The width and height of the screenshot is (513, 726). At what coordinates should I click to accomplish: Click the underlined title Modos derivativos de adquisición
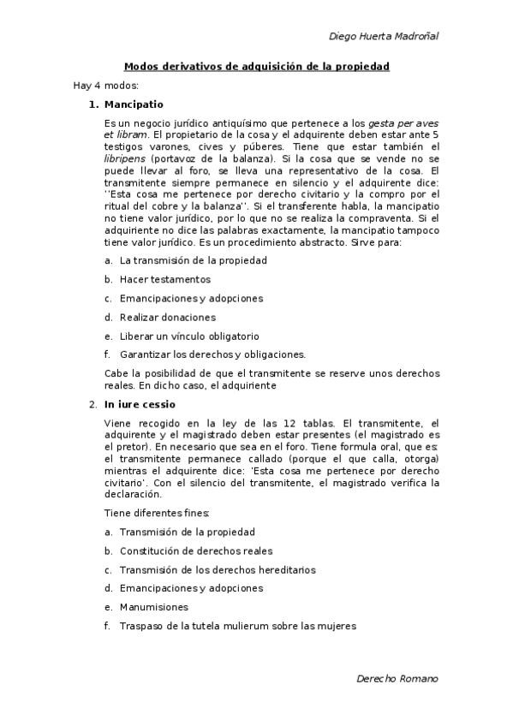pyautogui.click(x=256, y=66)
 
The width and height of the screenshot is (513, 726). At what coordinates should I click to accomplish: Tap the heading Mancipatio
pyautogui.click(x=134, y=104)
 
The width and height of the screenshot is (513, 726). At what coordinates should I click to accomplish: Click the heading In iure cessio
pyautogui.click(x=140, y=404)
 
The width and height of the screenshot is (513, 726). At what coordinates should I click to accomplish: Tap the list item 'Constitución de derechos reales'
pyautogui.click(x=196, y=550)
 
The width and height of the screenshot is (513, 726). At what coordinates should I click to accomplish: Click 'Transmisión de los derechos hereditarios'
pyautogui.click(x=218, y=569)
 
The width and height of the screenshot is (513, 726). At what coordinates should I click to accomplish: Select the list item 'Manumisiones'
pyautogui.click(x=154, y=607)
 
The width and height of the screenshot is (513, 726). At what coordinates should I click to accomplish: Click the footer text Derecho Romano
pyautogui.click(x=397, y=678)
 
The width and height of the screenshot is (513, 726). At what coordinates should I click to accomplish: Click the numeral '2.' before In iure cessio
pyautogui.click(x=93, y=404)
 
